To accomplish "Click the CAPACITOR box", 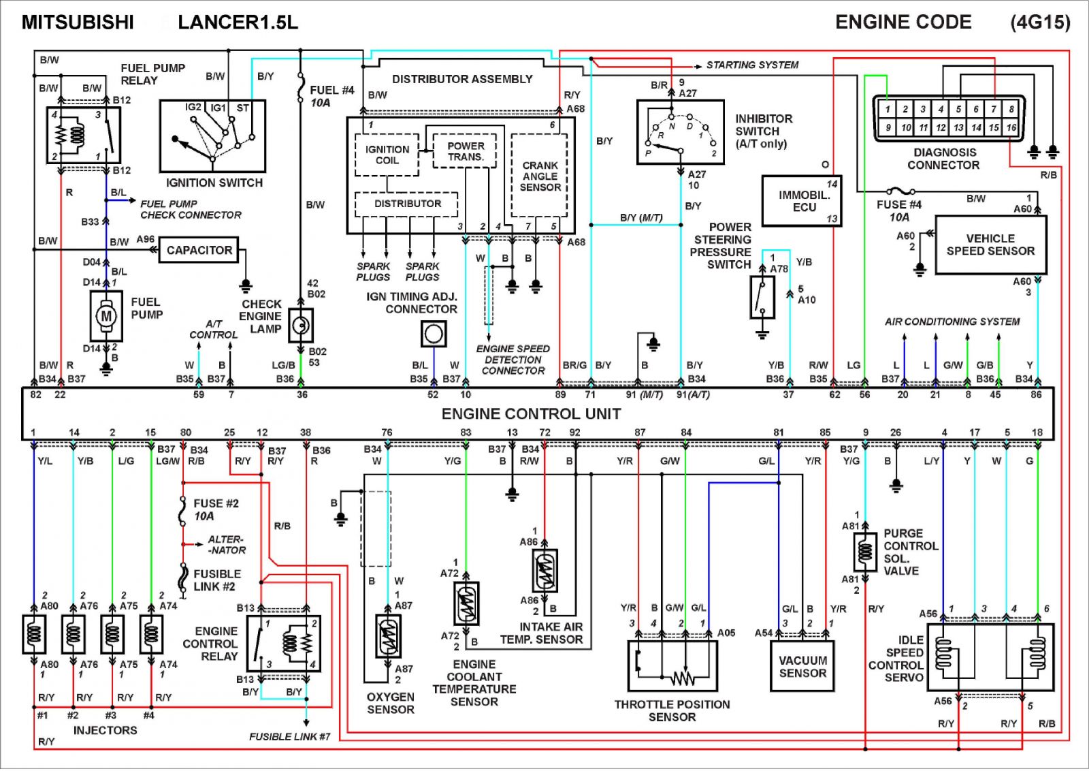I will (x=199, y=250).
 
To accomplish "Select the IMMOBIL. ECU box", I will (x=801, y=201).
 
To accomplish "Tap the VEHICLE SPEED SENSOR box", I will (x=990, y=245).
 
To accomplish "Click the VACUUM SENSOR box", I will (x=802, y=666).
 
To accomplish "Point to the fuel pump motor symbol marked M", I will (x=106, y=316).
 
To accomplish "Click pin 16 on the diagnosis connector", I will (x=1011, y=127).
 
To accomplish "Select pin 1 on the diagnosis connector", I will (x=888, y=109).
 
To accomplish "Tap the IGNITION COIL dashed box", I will (x=387, y=155).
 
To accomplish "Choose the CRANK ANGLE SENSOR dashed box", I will (x=540, y=176).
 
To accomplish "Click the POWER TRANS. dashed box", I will (x=466, y=151).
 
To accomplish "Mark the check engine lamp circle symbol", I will (x=300, y=326).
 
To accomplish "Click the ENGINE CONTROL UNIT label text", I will (x=531, y=413).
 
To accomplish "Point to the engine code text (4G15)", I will (x=1040, y=22).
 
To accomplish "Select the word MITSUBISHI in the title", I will (x=78, y=22).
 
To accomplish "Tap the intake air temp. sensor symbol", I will (x=544, y=571).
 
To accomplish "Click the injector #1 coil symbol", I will (x=33, y=634).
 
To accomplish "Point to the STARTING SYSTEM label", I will (x=752, y=65).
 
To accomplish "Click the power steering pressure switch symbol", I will (x=762, y=297).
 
